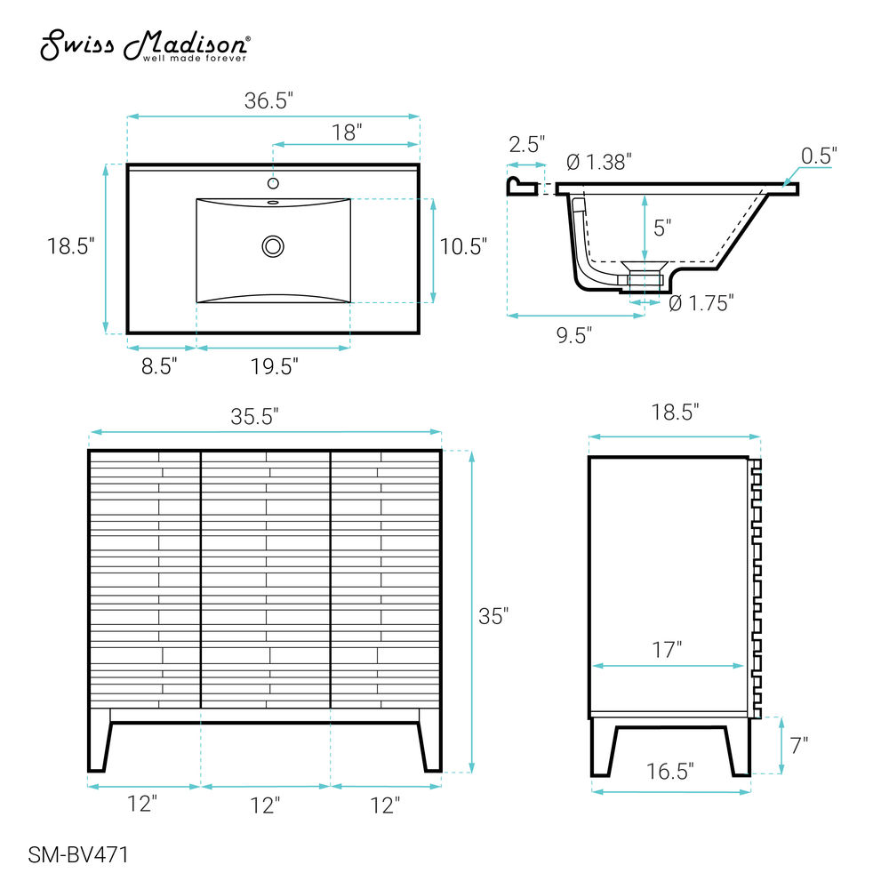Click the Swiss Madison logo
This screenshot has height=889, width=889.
145,44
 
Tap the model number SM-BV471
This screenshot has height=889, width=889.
78,854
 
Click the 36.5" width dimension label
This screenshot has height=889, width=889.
268,100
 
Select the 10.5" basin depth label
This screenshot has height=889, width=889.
463,246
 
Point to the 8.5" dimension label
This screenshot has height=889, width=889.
159,366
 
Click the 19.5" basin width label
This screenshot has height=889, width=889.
275,366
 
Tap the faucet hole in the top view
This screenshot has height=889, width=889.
273,183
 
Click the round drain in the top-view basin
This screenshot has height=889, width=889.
273,246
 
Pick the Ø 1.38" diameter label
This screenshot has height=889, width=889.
599,162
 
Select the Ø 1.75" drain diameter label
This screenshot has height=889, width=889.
701,303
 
